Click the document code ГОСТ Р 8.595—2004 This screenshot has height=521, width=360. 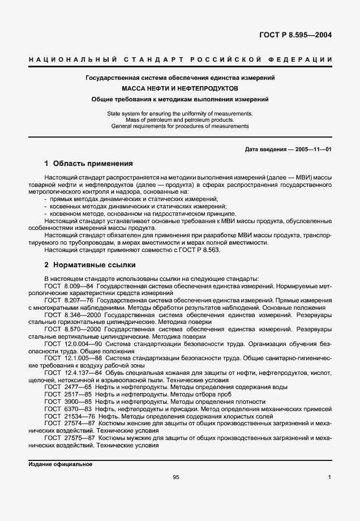295,35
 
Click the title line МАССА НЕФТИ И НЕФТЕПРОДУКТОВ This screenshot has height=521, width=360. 180,88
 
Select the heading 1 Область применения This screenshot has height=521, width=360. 88,164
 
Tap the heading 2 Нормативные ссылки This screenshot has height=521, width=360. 89,264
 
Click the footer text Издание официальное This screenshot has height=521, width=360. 60,464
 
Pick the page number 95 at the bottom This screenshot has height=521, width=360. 176,477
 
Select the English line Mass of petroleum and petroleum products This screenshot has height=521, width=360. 180,119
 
